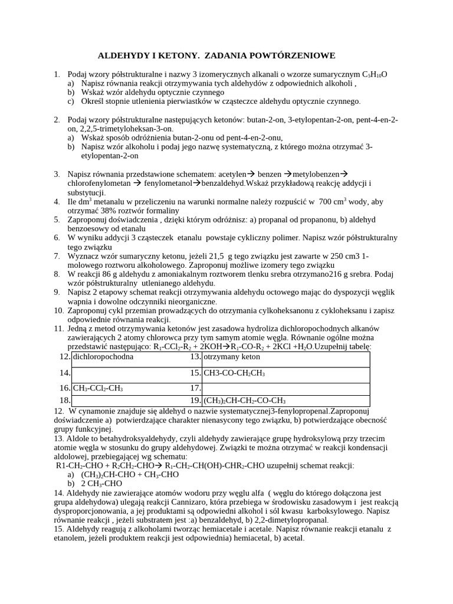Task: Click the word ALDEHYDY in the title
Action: (x=122, y=55)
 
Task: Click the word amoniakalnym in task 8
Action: (x=178, y=274)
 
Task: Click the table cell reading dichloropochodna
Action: (x=103, y=357)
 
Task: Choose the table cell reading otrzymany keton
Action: (x=231, y=357)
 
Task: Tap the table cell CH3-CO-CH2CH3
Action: (x=234, y=373)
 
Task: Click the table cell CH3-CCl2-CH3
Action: (x=98, y=388)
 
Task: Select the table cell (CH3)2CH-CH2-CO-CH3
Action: (x=244, y=400)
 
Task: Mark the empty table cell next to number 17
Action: (x=285, y=388)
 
